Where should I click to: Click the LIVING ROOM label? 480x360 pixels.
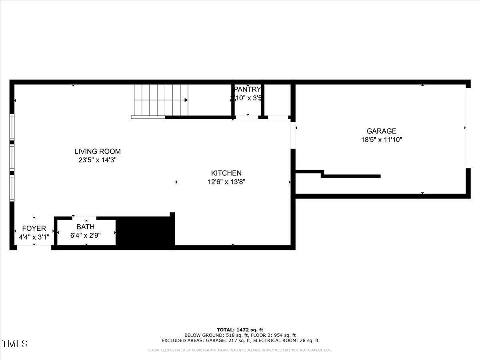(98, 152)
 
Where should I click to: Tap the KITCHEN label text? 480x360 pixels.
(226, 173)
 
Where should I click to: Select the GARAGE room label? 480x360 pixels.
(382, 131)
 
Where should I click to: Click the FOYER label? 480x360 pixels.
(34, 228)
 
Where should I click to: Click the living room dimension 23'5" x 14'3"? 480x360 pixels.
(98, 160)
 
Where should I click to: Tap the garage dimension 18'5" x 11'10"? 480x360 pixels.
(382, 140)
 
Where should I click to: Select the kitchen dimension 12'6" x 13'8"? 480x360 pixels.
(226, 182)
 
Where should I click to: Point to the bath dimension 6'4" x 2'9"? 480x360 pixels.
(86, 236)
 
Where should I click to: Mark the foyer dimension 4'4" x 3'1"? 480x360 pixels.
(34, 237)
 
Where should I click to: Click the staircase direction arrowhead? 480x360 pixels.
(186, 100)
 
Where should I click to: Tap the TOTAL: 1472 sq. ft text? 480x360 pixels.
(240, 330)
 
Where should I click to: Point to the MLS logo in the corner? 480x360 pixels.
(15, 344)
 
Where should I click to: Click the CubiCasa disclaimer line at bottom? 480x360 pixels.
(240, 350)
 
